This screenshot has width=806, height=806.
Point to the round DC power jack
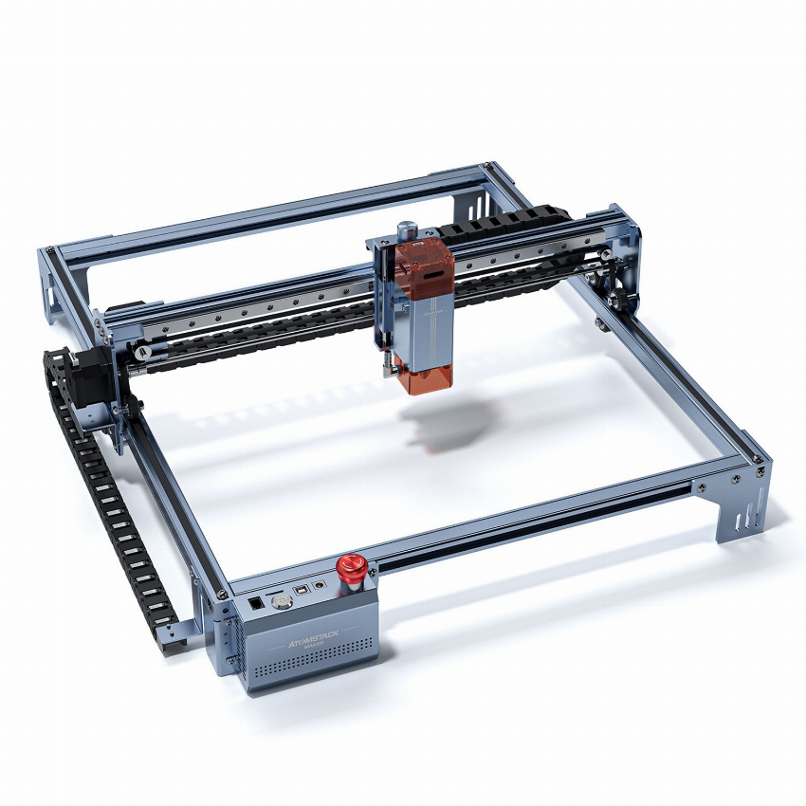(324, 584)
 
